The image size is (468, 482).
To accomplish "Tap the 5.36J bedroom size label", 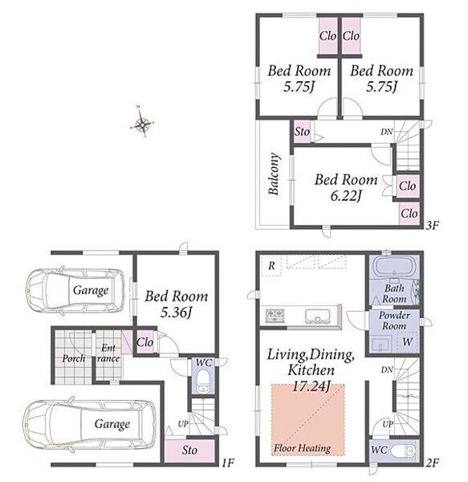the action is [x=177, y=313].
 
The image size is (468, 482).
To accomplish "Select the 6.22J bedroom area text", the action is [x=346, y=196].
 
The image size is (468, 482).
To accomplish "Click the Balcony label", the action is [x=274, y=174].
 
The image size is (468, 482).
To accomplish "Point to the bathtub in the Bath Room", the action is [x=394, y=267].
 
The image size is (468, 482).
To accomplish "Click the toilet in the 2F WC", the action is [x=404, y=451].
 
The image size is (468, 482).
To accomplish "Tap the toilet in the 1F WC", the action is [x=202, y=381].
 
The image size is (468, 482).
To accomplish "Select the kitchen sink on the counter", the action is [x=317, y=316].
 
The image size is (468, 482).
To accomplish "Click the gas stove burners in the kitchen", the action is [x=275, y=316].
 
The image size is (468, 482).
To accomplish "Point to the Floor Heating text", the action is [x=302, y=448].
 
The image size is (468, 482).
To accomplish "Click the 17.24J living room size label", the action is [x=311, y=386].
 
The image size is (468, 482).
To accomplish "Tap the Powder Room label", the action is [x=394, y=321].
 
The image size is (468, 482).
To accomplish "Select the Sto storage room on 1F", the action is [x=189, y=451].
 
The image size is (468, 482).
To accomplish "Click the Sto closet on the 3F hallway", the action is [x=302, y=132].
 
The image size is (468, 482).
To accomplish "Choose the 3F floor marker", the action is [x=432, y=226].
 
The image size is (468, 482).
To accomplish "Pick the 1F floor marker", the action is [x=228, y=463].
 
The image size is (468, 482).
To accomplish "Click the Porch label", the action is [x=74, y=358].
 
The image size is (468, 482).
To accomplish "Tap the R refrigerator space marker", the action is [x=271, y=266].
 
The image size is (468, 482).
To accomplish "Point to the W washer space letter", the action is [x=407, y=341].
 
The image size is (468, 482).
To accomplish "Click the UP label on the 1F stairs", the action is [x=183, y=424].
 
